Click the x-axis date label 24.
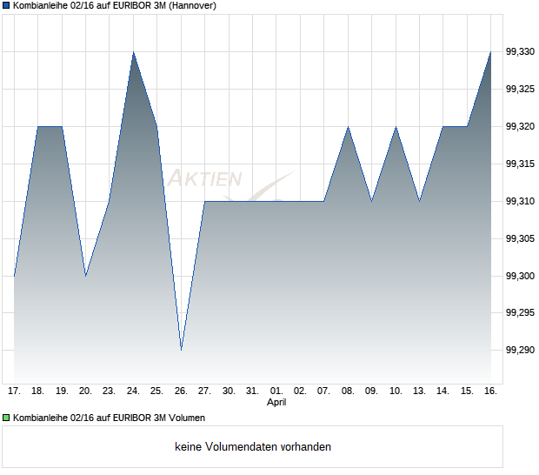point(133,391)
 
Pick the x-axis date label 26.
point(181,391)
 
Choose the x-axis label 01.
point(276,391)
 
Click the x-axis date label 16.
point(490,391)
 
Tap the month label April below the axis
point(276,402)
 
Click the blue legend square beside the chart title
point(6,5)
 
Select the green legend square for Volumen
point(6,418)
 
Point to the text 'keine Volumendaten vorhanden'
point(253,446)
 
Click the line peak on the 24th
point(133,53)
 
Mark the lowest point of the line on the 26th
point(181,350)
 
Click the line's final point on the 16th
point(490,53)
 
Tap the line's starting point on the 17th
point(15,276)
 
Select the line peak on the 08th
point(348,127)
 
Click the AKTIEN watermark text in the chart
point(204,179)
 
